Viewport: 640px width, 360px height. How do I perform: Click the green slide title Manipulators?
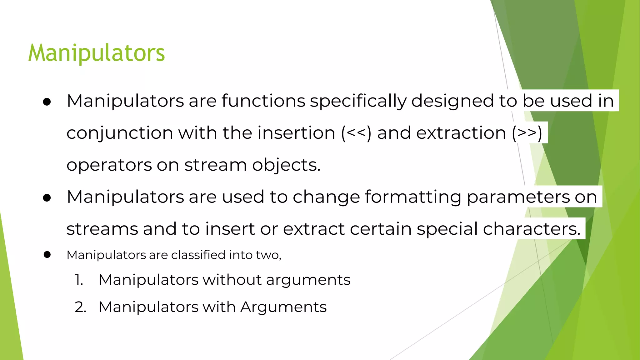click(x=96, y=53)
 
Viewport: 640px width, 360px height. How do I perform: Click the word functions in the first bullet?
click(x=263, y=101)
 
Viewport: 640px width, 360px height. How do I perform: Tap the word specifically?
click(x=358, y=101)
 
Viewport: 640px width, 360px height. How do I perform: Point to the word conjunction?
click(x=120, y=133)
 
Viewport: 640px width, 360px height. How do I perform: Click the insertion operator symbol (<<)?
click(x=356, y=132)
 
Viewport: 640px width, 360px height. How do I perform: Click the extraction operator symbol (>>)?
click(x=527, y=132)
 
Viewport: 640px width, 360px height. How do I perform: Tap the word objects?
click(x=286, y=165)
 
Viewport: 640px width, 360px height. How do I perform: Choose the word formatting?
click(x=413, y=197)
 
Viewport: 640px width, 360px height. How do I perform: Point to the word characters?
click(x=531, y=229)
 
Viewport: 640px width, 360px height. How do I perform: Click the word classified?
click(x=198, y=255)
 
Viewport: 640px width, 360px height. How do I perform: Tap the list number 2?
click(x=80, y=307)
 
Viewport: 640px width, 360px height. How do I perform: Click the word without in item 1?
click(x=232, y=280)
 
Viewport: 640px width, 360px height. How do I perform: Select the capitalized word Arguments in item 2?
click(x=283, y=307)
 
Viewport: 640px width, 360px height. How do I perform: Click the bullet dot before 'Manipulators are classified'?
click(x=47, y=255)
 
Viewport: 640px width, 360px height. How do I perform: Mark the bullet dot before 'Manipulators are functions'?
click(x=47, y=102)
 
